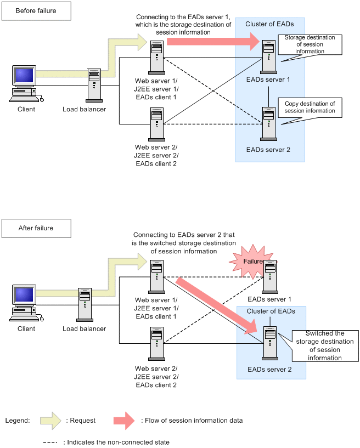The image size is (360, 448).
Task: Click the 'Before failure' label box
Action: [36, 10]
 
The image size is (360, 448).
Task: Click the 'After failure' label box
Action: [36, 228]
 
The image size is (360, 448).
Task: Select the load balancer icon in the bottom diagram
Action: [85, 305]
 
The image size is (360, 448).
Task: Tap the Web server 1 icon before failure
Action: [156, 58]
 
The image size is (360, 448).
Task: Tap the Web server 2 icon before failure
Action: [156, 124]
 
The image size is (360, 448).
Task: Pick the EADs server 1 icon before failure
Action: [268, 57]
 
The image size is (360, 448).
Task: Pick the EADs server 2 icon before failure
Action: [268, 124]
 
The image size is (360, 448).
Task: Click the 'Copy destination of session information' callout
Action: [310, 107]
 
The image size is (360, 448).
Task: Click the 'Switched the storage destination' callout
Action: [324, 345]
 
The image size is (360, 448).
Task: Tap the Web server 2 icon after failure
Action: [156, 343]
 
